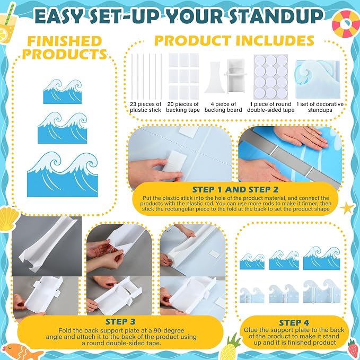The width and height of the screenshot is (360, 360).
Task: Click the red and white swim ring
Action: click(346, 24)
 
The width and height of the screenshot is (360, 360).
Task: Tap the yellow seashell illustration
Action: click(9, 218)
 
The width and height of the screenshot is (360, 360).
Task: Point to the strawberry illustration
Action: click(353, 348)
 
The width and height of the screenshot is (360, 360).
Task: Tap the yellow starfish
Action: click(348, 208)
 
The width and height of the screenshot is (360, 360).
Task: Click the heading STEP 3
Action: click(120, 322)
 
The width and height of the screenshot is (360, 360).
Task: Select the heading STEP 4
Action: click(294, 322)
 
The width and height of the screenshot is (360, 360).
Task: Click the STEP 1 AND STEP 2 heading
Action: click(235, 190)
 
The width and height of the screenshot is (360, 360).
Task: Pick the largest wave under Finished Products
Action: click(63, 174)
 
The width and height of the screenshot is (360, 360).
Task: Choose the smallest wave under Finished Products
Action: click(63, 91)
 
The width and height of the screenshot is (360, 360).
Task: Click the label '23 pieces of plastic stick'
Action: click(146, 107)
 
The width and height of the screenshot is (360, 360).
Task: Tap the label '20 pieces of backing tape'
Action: click(183, 107)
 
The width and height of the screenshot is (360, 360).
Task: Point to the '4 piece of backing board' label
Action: click(223, 107)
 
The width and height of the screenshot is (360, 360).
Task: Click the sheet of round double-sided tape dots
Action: click(271, 77)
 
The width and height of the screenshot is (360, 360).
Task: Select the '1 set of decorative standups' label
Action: click(320, 107)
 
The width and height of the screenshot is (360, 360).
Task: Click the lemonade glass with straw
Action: click(7, 25)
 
